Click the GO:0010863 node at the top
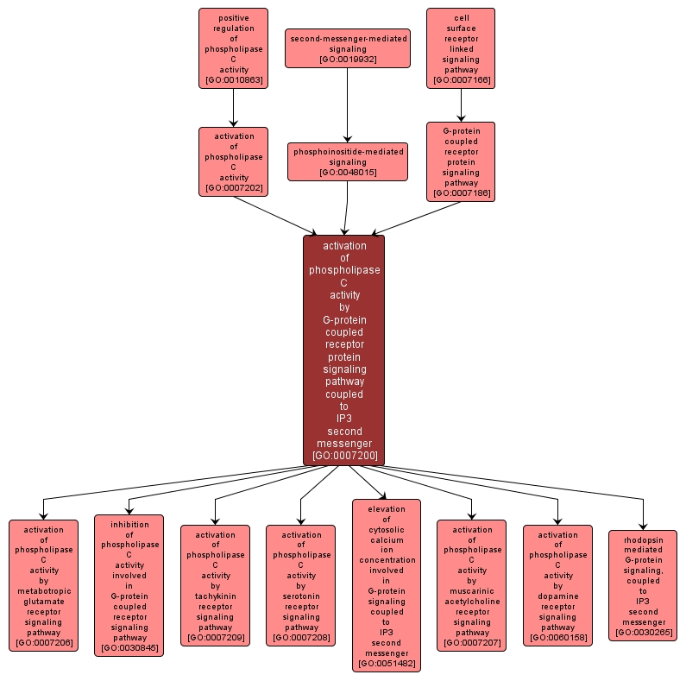pyautogui.click(x=233, y=48)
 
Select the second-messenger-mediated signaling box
pyautogui.click(x=348, y=48)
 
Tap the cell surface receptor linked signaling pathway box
pyautogui.click(x=461, y=48)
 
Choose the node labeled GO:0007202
pyautogui.click(x=233, y=161)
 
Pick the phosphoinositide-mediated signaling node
pyautogui.click(x=348, y=161)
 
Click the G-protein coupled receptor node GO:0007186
pyautogui.click(x=461, y=161)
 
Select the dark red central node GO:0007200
pyautogui.click(x=343, y=350)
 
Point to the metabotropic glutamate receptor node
pyautogui.click(x=43, y=585)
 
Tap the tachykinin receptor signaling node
pyautogui.click(x=215, y=585)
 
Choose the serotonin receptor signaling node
pyautogui.click(x=300, y=585)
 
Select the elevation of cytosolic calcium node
pyautogui.click(x=386, y=585)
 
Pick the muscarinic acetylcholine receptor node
pyautogui.click(x=471, y=585)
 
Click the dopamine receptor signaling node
pyautogui.click(x=557, y=585)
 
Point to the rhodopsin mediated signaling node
pyautogui.click(x=643, y=585)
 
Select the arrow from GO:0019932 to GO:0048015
pyautogui.click(x=348, y=104)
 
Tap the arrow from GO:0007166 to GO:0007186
pyautogui.click(x=461, y=104)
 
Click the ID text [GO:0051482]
pyautogui.click(x=386, y=663)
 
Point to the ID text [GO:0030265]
pyautogui.click(x=643, y=633)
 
